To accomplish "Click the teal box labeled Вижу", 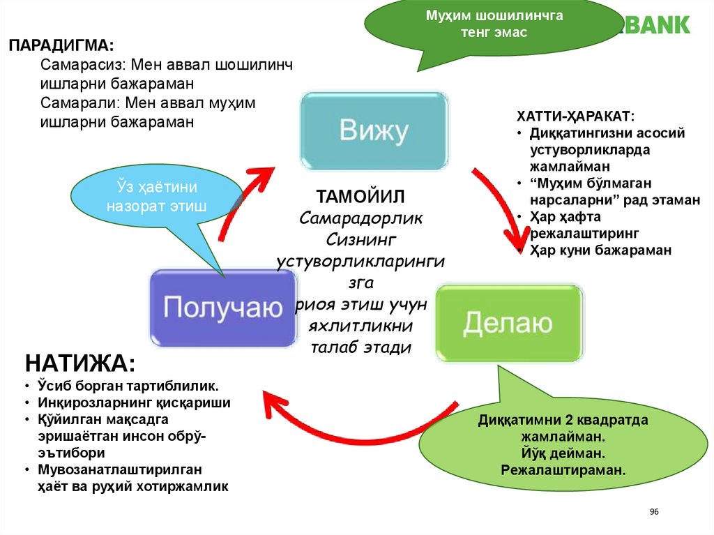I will [373, 131].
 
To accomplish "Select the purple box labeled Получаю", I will [223, 308].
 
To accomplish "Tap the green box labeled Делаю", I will [508, 323].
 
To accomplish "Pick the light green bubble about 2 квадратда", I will [563, 445].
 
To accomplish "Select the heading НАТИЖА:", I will [80, 363].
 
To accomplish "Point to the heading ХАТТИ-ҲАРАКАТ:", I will [575, 116].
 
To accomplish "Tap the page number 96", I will [654, 512].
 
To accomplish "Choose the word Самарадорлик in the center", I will [361, 218].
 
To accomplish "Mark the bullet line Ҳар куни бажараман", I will [600, 250].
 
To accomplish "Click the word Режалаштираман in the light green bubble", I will [563, 469].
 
